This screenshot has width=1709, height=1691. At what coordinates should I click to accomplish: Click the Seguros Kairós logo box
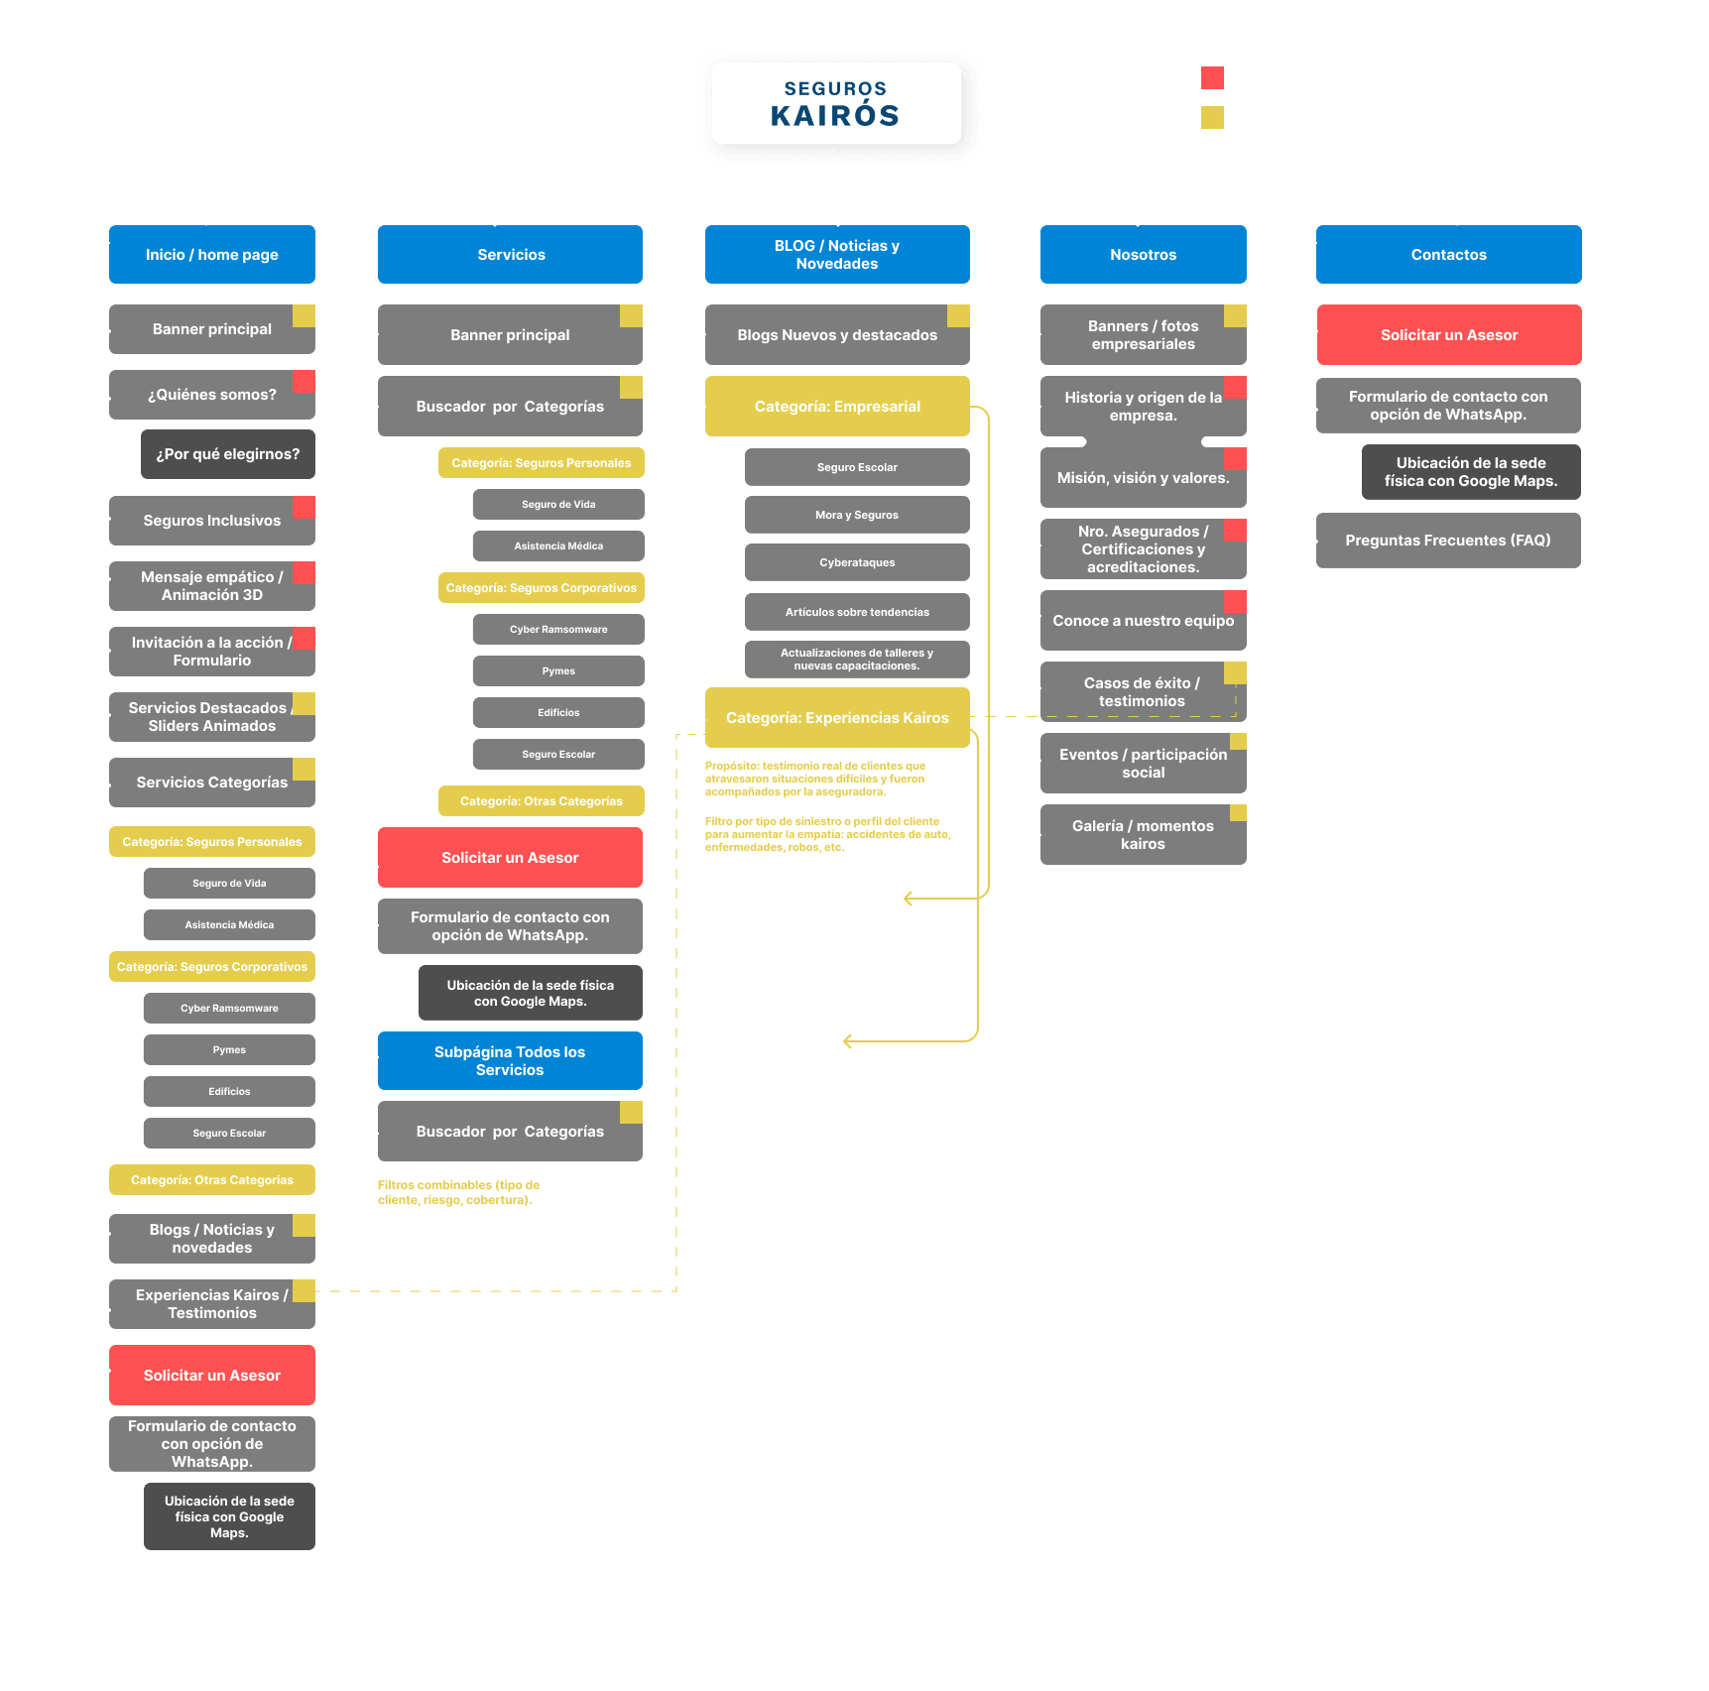pyautogui.click(x=836, y=103)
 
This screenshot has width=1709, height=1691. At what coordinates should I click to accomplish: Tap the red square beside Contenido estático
pyautogui.click(x=1212, y=78)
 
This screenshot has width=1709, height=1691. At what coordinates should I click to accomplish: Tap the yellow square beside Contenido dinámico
pyautogui.click(x=1212, y=118)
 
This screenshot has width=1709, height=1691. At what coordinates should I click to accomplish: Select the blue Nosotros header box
pyautogui.click(x=1143, y=255)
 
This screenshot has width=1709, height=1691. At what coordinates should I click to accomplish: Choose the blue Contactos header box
pyautogui.click(x=1448, y=255)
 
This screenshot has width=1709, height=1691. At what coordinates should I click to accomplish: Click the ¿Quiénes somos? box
pyautogui.click(x=211, y=395)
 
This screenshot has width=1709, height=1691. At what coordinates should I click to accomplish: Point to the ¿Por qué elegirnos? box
pyautogui.click(x=227, y=454)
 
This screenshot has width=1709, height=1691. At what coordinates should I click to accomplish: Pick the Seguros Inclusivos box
pyautogui.click(x=211, y=521)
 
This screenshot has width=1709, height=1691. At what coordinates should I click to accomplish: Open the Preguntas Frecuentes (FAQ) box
pyautogui.click(x=1447, y=541)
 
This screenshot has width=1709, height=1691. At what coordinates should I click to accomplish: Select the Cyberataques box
pyautogui.click(x=857, y=562)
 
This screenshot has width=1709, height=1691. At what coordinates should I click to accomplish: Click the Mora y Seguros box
pyautogui.click(x=857, y=515)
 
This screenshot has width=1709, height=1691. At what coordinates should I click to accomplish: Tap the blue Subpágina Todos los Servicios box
pyautogui.click(x=510, y=1061)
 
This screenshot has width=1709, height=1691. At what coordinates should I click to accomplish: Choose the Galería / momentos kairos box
pyautogui.click(x=1143, y=835)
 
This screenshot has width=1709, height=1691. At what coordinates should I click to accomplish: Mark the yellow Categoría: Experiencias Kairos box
pyautogui.click(x=837, y=718)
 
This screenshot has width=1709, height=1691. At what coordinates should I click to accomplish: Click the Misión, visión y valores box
pyautogui.click(x=1143, y=478)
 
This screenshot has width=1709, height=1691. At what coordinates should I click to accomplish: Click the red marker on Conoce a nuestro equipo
pyautogui.click(x=1235, y=601)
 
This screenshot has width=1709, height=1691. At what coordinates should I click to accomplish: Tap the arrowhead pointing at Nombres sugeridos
pyautogui.click(x=847, y=1040)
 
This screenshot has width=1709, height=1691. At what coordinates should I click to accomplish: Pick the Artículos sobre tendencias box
pyautogui.click(x=857, y=612)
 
